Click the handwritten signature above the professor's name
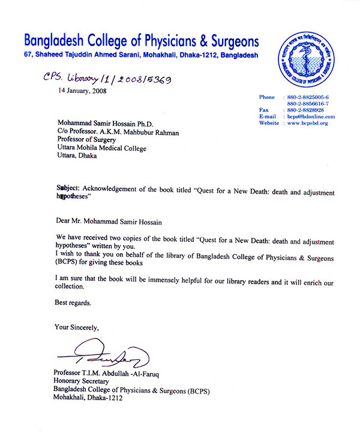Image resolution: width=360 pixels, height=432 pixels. click(x=109, y=355)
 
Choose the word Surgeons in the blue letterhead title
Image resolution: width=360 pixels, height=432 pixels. click(x=228, y=41)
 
